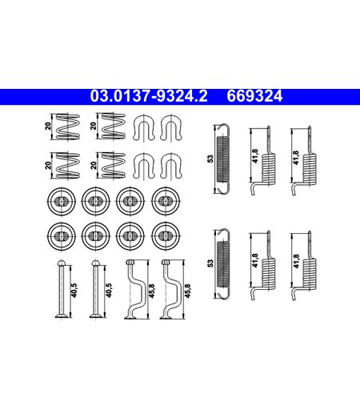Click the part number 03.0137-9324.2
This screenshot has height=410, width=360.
[x=149, y=96]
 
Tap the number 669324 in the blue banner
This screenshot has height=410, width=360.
[x=254, y=96]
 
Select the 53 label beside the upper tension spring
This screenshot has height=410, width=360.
[x=210, y=159]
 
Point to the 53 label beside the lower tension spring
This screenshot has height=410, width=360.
[x=210, y=263]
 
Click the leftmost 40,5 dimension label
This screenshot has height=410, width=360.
[x=74, y=290]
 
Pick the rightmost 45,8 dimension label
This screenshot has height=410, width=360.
[x=188, y=291]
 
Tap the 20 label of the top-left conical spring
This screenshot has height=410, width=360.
[x=48, y=126]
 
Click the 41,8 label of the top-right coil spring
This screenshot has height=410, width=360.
[x=296, y=158]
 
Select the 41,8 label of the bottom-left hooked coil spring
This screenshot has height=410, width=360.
[x=255, y=260]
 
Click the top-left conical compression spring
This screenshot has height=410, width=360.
[x=67, y=127]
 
